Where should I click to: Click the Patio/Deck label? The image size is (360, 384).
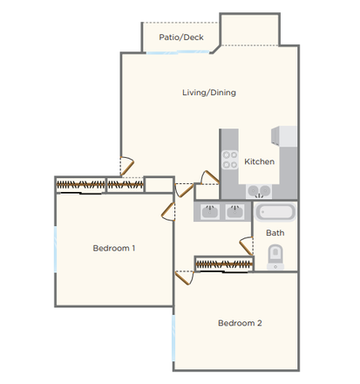pos(181,38)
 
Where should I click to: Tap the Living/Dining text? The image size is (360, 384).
pos(208,93)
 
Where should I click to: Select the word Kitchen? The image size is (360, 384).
pos(259,161)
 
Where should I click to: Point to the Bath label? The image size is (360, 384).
pos(275,233)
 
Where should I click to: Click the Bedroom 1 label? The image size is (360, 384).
pos(113,249)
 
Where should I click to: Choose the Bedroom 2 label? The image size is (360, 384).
pos(240,323)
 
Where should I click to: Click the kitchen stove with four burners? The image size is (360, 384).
pos(230,160)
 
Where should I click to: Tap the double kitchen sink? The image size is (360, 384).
pos(258,192)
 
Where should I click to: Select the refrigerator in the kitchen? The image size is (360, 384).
pos(286,136)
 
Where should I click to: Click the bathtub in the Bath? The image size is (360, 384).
pos(275,212)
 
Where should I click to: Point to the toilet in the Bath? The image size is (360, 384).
pos(275,256)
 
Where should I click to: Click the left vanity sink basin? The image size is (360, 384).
pos(209,210)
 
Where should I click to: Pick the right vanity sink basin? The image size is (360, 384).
pos(234,210)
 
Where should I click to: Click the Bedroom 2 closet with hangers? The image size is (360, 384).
pos(220,264)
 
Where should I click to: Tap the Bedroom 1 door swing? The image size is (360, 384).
pos(169,207)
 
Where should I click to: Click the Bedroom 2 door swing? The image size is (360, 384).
pos(183,278)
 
